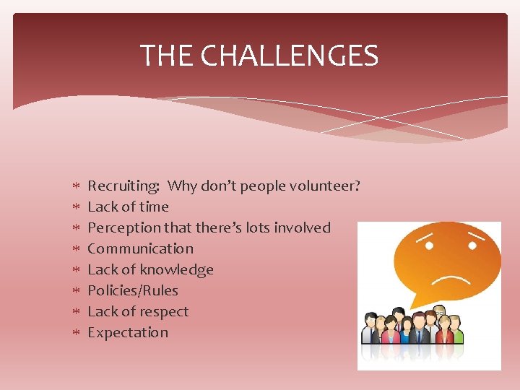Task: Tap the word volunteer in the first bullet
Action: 324,186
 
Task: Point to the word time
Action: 152,207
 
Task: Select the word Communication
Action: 140,248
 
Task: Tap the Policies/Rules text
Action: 132,290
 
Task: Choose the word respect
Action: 162,311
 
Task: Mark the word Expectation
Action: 127,332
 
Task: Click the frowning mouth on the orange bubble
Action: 453,279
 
